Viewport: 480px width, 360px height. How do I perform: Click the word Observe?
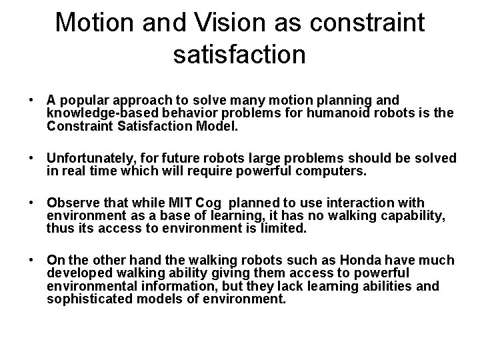[71, 203]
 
